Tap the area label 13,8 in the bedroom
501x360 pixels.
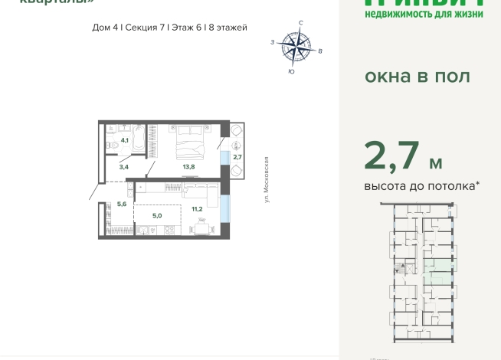pyautogui.click(x=188, y=165)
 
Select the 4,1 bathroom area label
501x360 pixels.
pyautogui.click(x=124, y=140)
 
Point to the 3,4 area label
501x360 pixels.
pyautogui.click(x=124, y=165)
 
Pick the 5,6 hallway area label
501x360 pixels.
pyautogui.click(x=122, y=204)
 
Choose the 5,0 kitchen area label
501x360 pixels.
pyautogui.click(x=156, y=216)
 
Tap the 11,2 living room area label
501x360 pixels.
pyautogui.click(x=197, y=208)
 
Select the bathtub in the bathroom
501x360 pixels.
pyautogui.click(x=139, y=139)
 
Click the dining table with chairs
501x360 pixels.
pyautogui.click(x=201, y=227)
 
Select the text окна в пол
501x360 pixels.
pyautogui.click(x=417, y=77)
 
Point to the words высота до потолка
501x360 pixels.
pyautogui.click(x=421, y=186)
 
